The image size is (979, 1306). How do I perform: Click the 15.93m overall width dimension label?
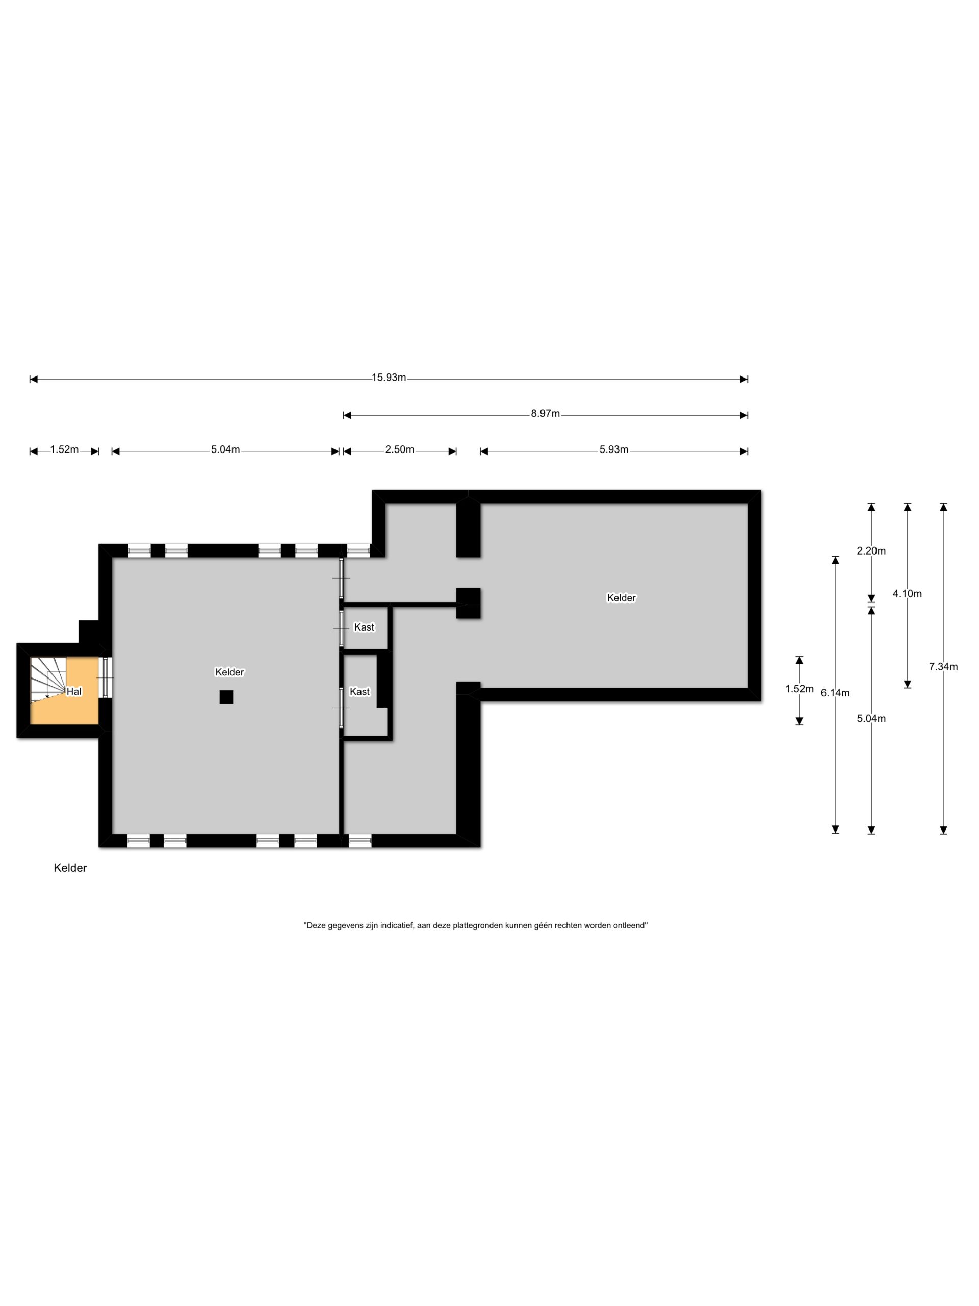pos(389,378)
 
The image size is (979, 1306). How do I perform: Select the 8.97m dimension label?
pos(545,414)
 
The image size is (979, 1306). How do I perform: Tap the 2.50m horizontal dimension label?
pos(400,450)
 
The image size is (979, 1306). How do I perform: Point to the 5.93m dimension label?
pos(614,450)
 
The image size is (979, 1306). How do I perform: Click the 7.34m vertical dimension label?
pos(943,667)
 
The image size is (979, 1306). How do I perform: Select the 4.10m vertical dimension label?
pos(907,594)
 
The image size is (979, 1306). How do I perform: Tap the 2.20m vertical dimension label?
pos(871,551)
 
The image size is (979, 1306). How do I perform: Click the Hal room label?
pos(74,692)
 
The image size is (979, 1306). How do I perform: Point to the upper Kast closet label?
pos(364,627)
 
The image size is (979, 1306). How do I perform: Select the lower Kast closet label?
pos(360,692)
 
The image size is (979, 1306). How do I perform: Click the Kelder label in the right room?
pos(622,598)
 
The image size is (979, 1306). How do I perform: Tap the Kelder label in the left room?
pos(229,672)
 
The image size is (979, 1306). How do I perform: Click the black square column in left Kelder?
pos(226,697)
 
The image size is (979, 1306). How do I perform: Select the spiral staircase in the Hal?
pos(48,679)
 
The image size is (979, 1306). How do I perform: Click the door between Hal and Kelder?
pos(106,678)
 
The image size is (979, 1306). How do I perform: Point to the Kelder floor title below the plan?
pos(70,868)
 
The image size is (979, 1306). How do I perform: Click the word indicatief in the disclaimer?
pos(397,926)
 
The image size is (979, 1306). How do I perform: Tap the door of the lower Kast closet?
pos(341,707)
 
